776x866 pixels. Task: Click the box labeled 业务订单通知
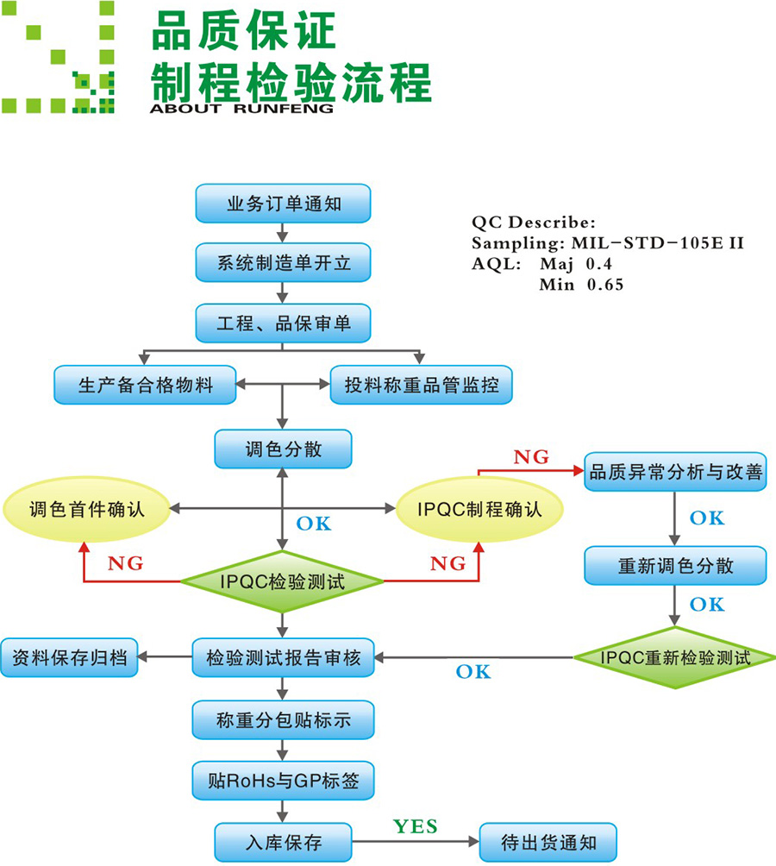(283, 204)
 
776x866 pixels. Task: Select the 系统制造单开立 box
(283, 263)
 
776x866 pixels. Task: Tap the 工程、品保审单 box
(283, 323)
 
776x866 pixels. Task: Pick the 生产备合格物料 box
(145, 385)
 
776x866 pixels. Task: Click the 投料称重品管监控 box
(421, 385)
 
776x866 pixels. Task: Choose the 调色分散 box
(283, 449)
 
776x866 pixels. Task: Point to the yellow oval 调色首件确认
(86, 509)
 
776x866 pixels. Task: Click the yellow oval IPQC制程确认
(479, 509)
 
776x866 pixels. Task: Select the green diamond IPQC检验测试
(282, 581)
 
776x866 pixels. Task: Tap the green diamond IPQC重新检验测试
(675, 658)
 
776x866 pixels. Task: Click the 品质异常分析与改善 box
(675, 472)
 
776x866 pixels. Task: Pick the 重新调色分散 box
(675, 566)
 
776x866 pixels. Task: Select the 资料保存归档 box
(69, 658)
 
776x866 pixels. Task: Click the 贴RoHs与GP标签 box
(283, 781)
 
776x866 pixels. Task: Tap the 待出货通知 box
(548, 843)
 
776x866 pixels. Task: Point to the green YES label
(415, 826)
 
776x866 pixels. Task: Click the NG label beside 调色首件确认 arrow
(125, 563)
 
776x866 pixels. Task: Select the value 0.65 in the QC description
(605, 285)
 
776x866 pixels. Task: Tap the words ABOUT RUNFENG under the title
(241, 109)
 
